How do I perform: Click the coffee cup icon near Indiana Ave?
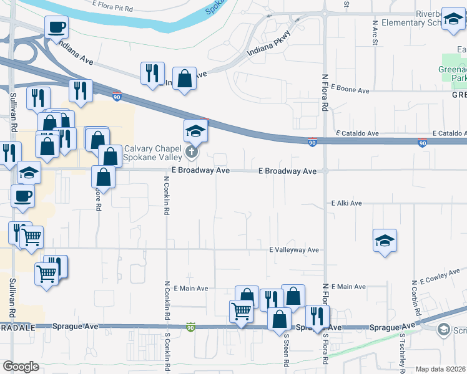tap(56, 27)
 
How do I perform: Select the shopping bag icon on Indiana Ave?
tap(184, 79)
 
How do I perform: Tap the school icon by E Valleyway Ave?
tap(385, 241)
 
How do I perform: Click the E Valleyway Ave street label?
tap(294, 250)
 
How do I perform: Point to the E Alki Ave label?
tap(347, 203)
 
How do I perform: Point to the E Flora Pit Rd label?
tap(112, 9)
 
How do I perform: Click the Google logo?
tap(21, 367)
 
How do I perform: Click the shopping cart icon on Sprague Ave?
tap(241, 310)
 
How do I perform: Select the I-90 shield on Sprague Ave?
tap(190, 327)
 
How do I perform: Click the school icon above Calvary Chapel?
tap(195, 131)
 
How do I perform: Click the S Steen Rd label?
tap(287, 351)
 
